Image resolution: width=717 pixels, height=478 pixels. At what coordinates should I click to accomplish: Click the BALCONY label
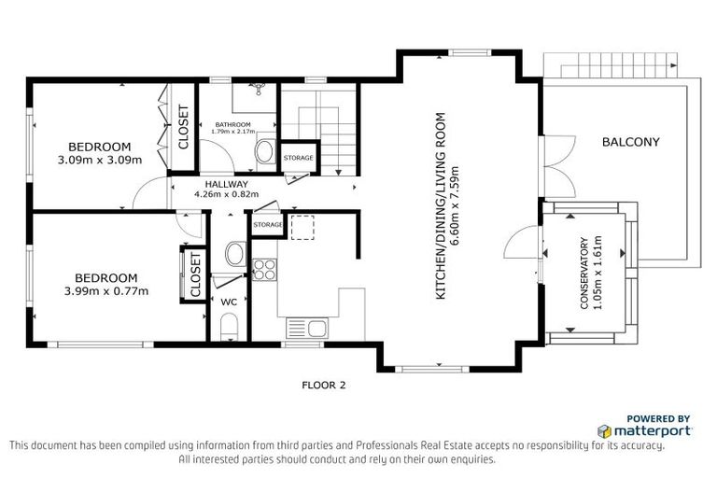pyautogui.click(x=630, y=143)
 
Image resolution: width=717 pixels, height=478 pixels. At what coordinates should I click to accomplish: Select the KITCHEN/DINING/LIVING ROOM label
pyautogui.click(x=441, y=205)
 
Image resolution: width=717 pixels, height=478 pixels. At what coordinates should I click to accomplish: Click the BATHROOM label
pyautogui.click(x=232, y=124)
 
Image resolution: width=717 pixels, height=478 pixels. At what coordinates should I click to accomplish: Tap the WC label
pyautogui.click(x=229, y=302)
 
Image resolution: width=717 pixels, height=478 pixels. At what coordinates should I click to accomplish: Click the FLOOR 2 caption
pyautogui.click(x=324, y=384)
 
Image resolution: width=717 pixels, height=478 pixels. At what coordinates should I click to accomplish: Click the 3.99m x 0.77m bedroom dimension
pyautogui.click(x=105, y=290)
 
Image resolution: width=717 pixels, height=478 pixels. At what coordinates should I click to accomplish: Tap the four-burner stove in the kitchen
pyautogui.click(x=264, y=269)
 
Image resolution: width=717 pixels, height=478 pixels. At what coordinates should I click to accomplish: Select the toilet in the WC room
pyautogui.click(x=229, y=327)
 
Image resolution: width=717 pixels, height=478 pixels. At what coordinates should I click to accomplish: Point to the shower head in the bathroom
pyautogui.click(x=261, y=90)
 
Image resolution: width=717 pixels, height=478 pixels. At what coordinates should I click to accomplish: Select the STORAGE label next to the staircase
pyautogui.click(x=298, y=158)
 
